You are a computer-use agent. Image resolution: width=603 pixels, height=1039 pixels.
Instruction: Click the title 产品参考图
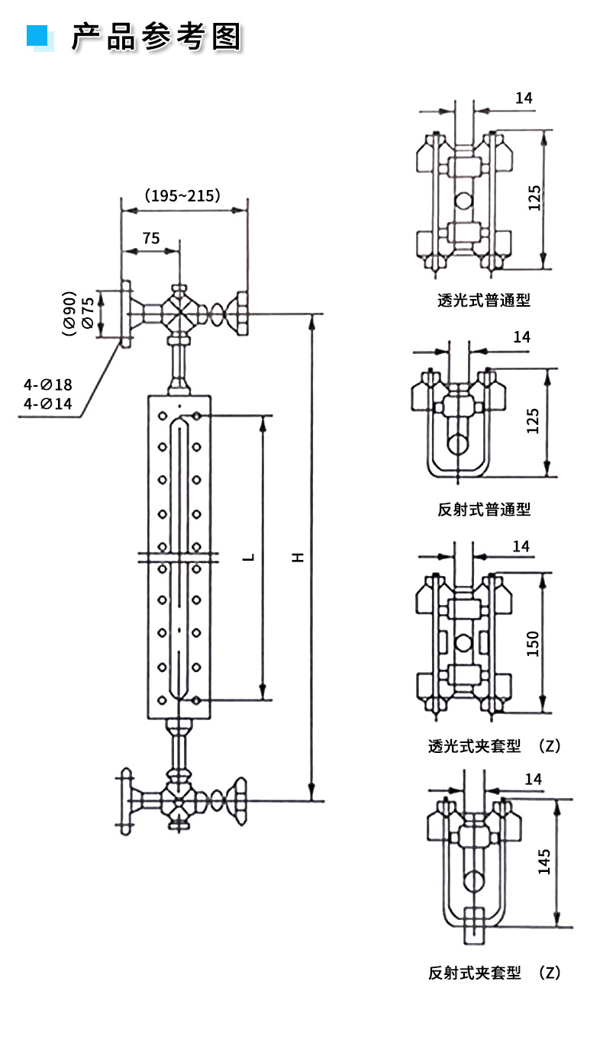click(156, 36)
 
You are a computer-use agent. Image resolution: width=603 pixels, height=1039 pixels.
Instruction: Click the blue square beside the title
click(37, 35)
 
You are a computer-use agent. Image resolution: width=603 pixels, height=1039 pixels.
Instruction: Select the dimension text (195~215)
click(183, 195)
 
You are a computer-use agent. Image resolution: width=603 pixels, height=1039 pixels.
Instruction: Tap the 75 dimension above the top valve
click(150, 238)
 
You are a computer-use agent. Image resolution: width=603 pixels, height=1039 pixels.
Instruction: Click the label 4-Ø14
click(47, 404)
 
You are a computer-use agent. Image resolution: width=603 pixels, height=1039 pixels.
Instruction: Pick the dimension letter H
click(299, 558)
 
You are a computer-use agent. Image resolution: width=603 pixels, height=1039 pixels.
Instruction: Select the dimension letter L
click(249, 558)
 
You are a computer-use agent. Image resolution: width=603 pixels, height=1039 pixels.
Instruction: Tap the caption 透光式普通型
click(484, 300)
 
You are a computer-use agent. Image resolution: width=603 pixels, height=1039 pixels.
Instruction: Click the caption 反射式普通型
click(484, 509)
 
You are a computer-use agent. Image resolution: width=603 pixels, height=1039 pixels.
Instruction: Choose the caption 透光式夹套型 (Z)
click(494, 746)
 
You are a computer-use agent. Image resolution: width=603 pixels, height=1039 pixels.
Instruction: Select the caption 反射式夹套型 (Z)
click(494, 973)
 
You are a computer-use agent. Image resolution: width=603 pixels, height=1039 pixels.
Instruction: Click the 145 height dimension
click(543, 863)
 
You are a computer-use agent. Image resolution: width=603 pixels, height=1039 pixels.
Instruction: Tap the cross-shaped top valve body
click(179, 314)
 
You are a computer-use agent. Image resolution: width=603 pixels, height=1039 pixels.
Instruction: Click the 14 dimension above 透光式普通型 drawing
click(523, 98)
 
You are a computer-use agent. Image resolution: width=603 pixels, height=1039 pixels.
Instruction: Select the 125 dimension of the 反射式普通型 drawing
click(533, 422)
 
